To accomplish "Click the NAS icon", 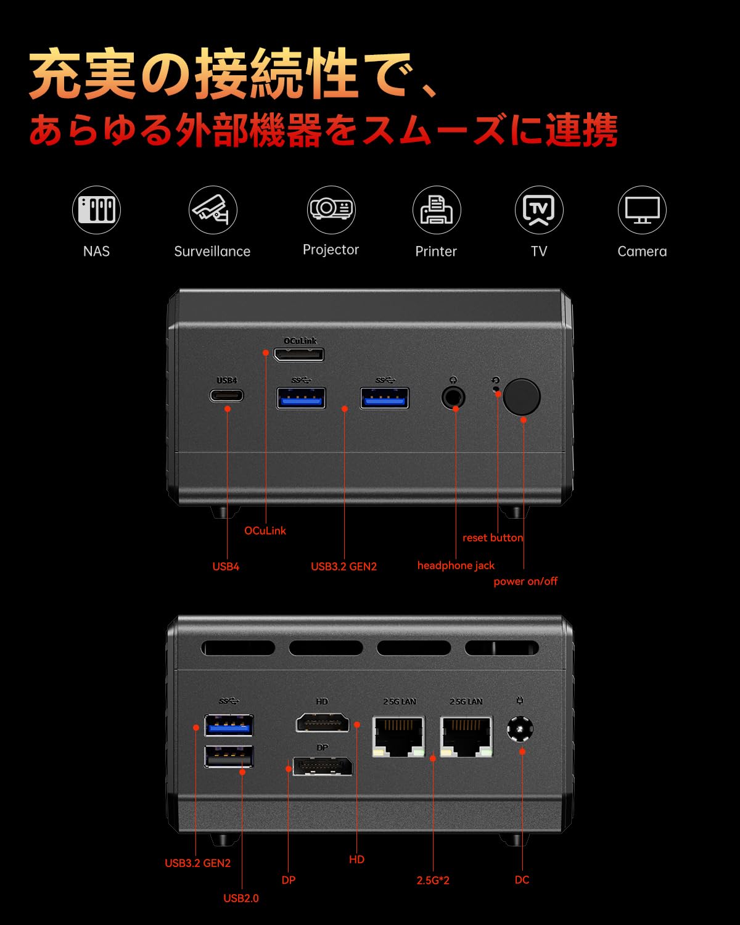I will click(96, 210).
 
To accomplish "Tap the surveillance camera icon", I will click(212, 210).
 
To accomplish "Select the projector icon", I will click(331, 209).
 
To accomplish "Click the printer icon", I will click(436, 210).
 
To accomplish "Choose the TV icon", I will click(539, 210).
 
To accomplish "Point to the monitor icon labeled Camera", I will click(642, 210).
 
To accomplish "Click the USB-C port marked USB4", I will click(227, 395).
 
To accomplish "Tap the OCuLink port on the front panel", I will click(299, 355).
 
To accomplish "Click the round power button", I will click(522, 397).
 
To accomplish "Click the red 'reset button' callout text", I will click(493, 538).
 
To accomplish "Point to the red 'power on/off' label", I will click(525, 582).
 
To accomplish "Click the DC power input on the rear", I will click(520, 730).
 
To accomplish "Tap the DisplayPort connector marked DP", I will click(322, 767).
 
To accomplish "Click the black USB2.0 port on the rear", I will click(229, 756).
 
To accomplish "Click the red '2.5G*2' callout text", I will click(433, 881).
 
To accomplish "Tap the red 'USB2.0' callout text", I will click(241, 898).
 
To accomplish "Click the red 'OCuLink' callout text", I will click(265, 531).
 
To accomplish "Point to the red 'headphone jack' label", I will click(456, 565).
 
